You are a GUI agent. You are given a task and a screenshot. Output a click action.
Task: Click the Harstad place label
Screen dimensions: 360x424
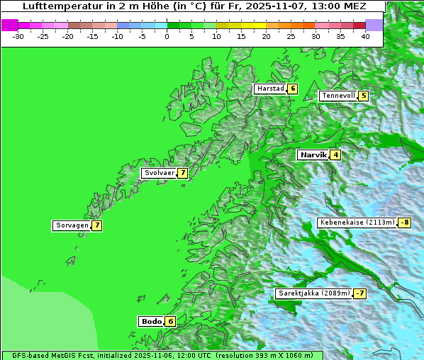pos(270,89)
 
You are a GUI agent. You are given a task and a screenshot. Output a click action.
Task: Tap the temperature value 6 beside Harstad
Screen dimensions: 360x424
pos(292,89)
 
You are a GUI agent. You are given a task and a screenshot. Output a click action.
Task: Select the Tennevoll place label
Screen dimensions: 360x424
pos(337,96)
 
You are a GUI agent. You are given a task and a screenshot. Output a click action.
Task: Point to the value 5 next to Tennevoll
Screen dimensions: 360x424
pos(364,96)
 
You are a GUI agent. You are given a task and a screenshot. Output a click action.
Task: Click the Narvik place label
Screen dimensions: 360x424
pos(313,154)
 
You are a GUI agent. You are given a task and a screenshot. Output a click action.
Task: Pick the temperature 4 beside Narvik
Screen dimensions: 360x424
pos(335,154)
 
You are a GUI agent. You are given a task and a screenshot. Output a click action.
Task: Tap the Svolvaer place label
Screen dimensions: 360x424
pos(159,173)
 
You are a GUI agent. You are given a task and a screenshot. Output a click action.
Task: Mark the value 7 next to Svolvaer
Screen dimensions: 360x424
pos(182,173)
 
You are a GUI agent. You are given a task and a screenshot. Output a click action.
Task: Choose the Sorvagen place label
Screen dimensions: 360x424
pos(72,225)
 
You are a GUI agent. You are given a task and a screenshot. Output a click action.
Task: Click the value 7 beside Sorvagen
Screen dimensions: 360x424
pos(96,225)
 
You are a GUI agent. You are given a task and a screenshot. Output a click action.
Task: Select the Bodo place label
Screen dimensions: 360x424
pos(152,321)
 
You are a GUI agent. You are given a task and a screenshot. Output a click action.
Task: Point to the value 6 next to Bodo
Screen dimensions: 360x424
pos(170,321)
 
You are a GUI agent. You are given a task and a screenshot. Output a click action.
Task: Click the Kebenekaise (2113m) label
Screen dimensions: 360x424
pos(357,223)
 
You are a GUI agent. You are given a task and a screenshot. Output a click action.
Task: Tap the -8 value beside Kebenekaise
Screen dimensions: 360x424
pos(404,223)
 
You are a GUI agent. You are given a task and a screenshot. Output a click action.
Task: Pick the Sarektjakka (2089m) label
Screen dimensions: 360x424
pos(314,293)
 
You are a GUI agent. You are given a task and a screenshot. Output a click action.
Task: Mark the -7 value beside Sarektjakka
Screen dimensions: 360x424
pos(360,293)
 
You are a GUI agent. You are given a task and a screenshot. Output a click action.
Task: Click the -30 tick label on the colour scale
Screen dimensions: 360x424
pos(19,35)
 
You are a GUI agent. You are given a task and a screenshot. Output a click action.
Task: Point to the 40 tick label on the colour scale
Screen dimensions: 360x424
pos(365,35)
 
